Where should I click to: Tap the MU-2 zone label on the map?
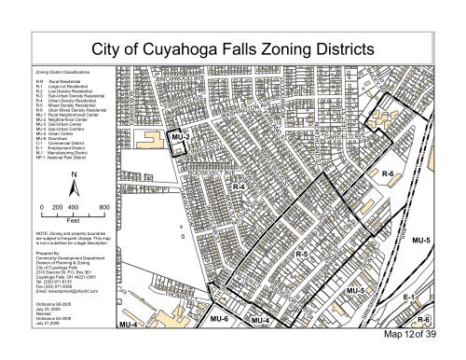click(182, 138)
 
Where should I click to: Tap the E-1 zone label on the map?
click(435, 297)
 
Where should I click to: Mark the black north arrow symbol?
click(73, 190)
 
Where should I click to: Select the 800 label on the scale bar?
click(105, 207)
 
